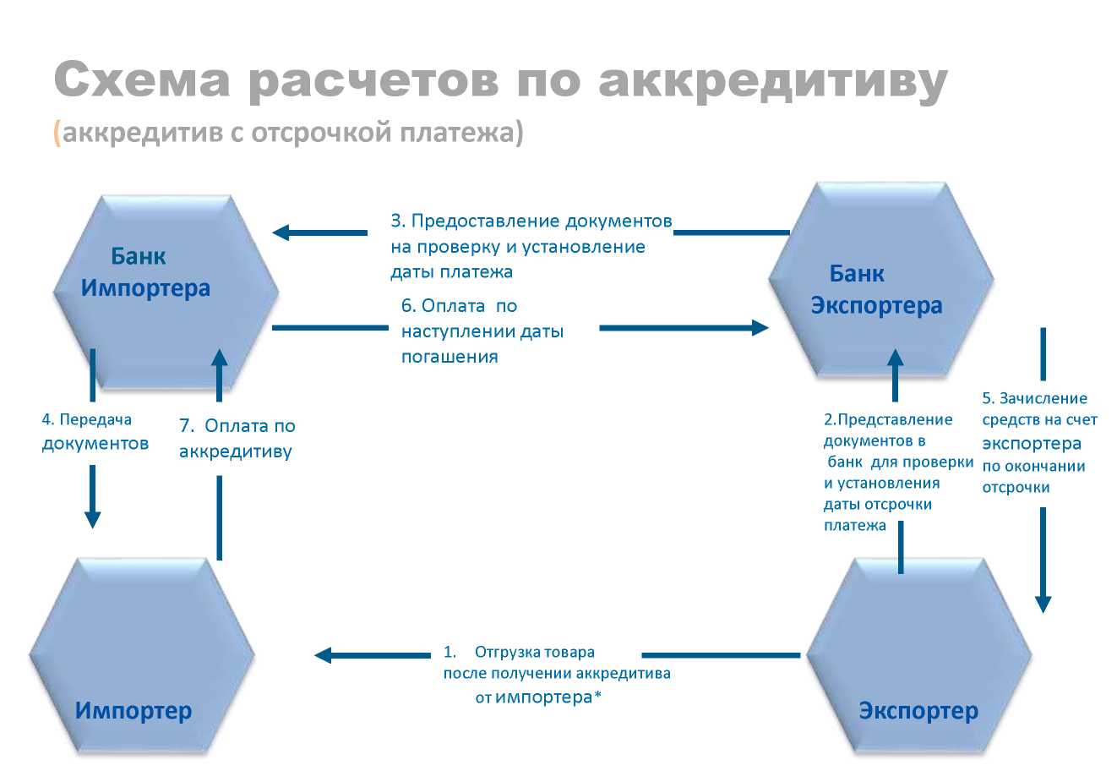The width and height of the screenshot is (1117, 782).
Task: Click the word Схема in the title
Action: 142,81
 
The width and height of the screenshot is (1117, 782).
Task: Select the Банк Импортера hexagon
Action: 166,292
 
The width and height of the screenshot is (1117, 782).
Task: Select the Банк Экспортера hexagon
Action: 880,279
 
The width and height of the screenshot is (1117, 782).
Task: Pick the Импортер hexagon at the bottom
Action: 141,655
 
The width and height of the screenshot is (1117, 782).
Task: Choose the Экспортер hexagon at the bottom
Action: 918,655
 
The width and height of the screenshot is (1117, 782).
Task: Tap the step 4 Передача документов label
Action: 95,431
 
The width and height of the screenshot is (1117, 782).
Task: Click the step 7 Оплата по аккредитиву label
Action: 237,438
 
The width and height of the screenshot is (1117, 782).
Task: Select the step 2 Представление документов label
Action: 897,472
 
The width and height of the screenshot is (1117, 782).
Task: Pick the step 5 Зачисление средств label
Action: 1039,442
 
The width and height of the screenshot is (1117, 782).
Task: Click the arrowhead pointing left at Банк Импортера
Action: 282,232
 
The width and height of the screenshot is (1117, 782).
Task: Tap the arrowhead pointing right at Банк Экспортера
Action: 759,327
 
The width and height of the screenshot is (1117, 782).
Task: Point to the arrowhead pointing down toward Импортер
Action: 93,518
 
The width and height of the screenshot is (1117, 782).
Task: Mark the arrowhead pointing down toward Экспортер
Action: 1043,603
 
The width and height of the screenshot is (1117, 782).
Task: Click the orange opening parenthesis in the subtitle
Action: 57,134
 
